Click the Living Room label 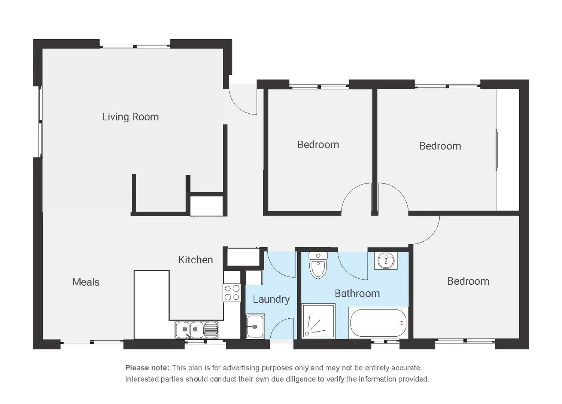coord(130,117)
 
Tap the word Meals coord(86,282)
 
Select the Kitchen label coord(196,260)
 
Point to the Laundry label coord(271,299)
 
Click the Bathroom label coord(357,294)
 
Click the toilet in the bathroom coord(318,266)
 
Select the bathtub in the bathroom coord(379,323)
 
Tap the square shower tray coord(319,321)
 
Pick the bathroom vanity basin coord(386,261)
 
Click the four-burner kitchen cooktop coord(232,293)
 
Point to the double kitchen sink coord(197,329)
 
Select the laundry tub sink coord(255,326)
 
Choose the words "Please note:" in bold coord(148,368)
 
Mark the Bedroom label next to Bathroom coord(468,281)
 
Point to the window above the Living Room coord(135,46)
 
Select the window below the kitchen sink coord(205,342)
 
